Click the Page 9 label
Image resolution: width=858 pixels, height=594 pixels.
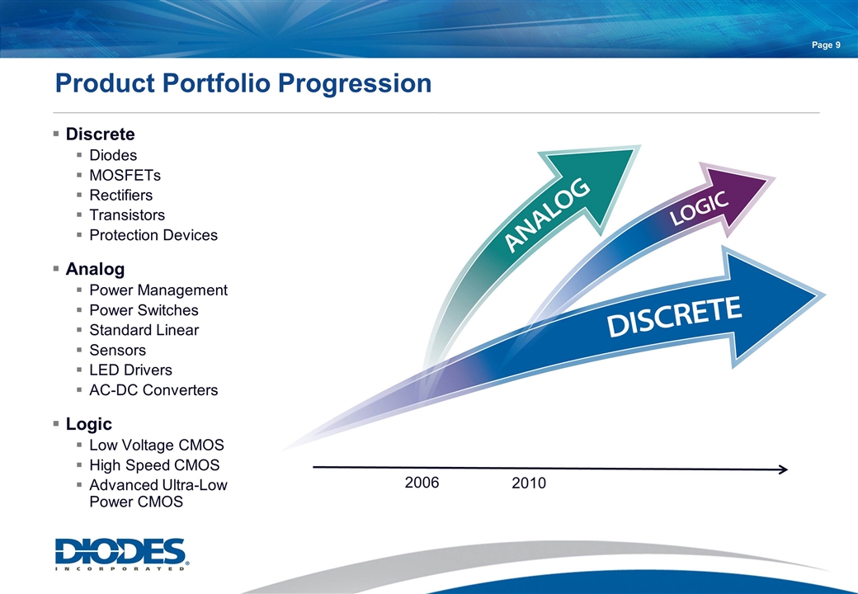(x=826, y=45)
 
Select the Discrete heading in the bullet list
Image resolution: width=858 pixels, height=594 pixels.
(x=100, y=134)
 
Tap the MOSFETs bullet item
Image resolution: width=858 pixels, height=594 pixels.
(x=125, y=175)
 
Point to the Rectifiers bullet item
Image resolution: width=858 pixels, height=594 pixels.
(x=121, y=196)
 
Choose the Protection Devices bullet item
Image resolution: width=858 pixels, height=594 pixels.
(x=153, y=235)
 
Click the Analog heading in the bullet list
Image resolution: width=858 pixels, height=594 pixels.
(x=95, y=269)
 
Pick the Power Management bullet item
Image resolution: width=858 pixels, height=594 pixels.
(x=158, y=290)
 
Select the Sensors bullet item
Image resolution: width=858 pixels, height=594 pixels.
(x=118, y=350)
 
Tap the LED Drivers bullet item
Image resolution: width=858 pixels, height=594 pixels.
(x=131, y=370)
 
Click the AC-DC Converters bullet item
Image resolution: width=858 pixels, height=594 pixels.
(x=153, y=390)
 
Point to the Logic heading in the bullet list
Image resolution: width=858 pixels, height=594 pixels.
(x=88, y=424)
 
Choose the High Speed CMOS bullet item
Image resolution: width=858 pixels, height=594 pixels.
(x=154, y=465)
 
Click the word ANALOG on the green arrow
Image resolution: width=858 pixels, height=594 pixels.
(x=547, y=215)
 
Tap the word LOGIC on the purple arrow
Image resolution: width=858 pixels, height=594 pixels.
(x=700, y=209)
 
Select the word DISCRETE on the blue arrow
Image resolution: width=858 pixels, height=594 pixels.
(x=674, y=317)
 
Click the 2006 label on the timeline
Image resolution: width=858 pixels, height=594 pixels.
(x=422, y=483)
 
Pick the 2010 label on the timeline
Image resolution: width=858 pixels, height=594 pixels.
(x=529, y=483)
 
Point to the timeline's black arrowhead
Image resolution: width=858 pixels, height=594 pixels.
(x=783, y=469)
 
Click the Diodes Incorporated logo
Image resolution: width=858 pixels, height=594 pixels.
(x=121, y=554)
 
